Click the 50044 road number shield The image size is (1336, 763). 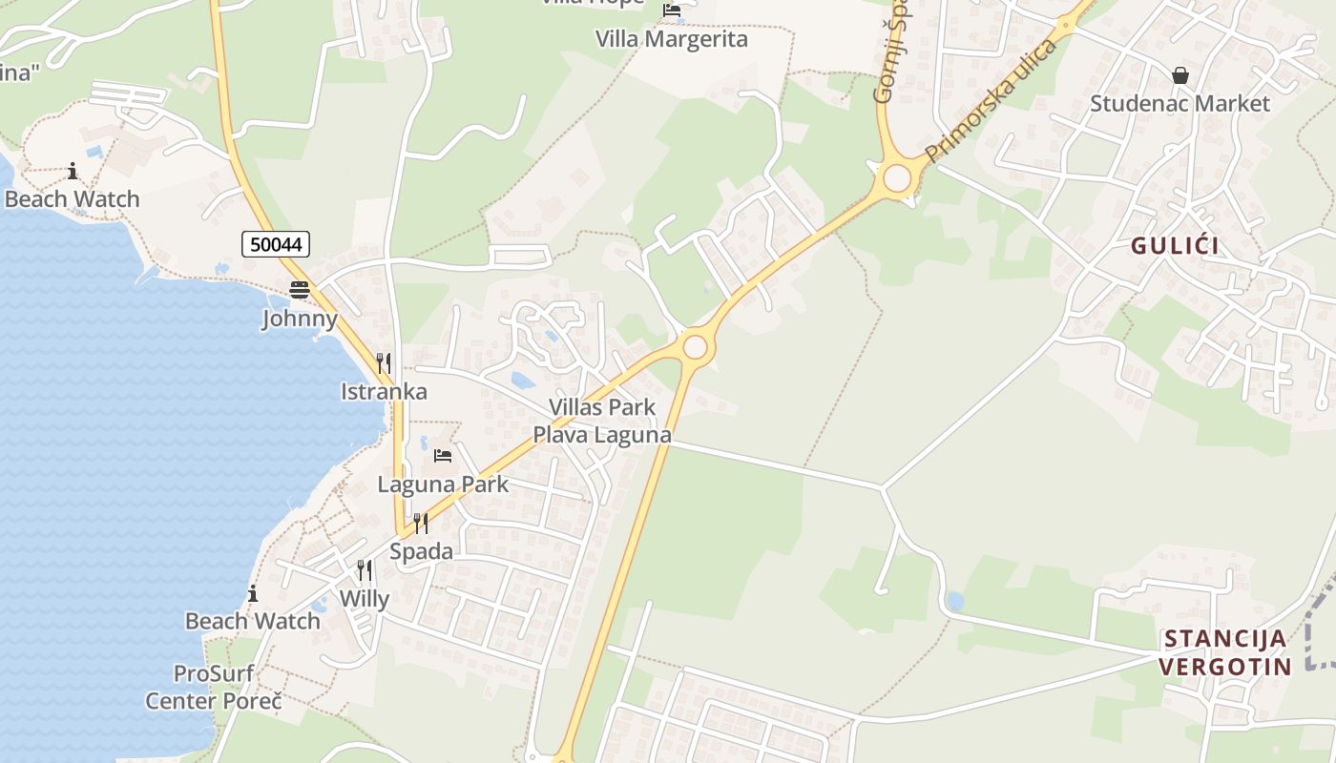pyautogui.click(x=276, y=244)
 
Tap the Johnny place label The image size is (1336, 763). pyautogui.click(x=300, y=319)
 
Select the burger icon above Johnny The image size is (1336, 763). pyautogui.click(x=300, y=290)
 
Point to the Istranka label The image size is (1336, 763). pyautogui.click(x=384, y=392)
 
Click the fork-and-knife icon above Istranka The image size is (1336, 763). pyautogui.click(x=384, y=362)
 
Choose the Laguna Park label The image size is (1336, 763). pyautogui.click(x=443, y=484)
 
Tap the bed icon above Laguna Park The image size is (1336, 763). pyautogui.click(x=443, y=456)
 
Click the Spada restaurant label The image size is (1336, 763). pyautogui.click(x=421, y=551)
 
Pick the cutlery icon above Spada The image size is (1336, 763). pyautogui.click(x=421, y=523)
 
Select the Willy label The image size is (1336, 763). pyautogui.click(x=365, y=599)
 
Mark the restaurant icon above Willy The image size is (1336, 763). pyautogui.click(x=365, y=570)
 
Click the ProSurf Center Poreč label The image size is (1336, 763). pyautogui.click(x=214, y=688)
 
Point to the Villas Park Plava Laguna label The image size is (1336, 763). pyautogui.click(x=601, y=421)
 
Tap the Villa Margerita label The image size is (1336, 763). pyautogui.click(x=672, y=39)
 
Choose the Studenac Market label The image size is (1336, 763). pyautogui.click(x=1180, y=103)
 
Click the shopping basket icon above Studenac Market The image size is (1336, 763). pyautogui.click(x=1180, y=75)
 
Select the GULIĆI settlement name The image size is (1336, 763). pyautogui.click(x=1176, y=246)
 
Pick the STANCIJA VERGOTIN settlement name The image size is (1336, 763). pyautogui.click(x=1226, y=652)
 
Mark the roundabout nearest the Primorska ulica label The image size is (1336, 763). pyautogui.click(x=897, y=177)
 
